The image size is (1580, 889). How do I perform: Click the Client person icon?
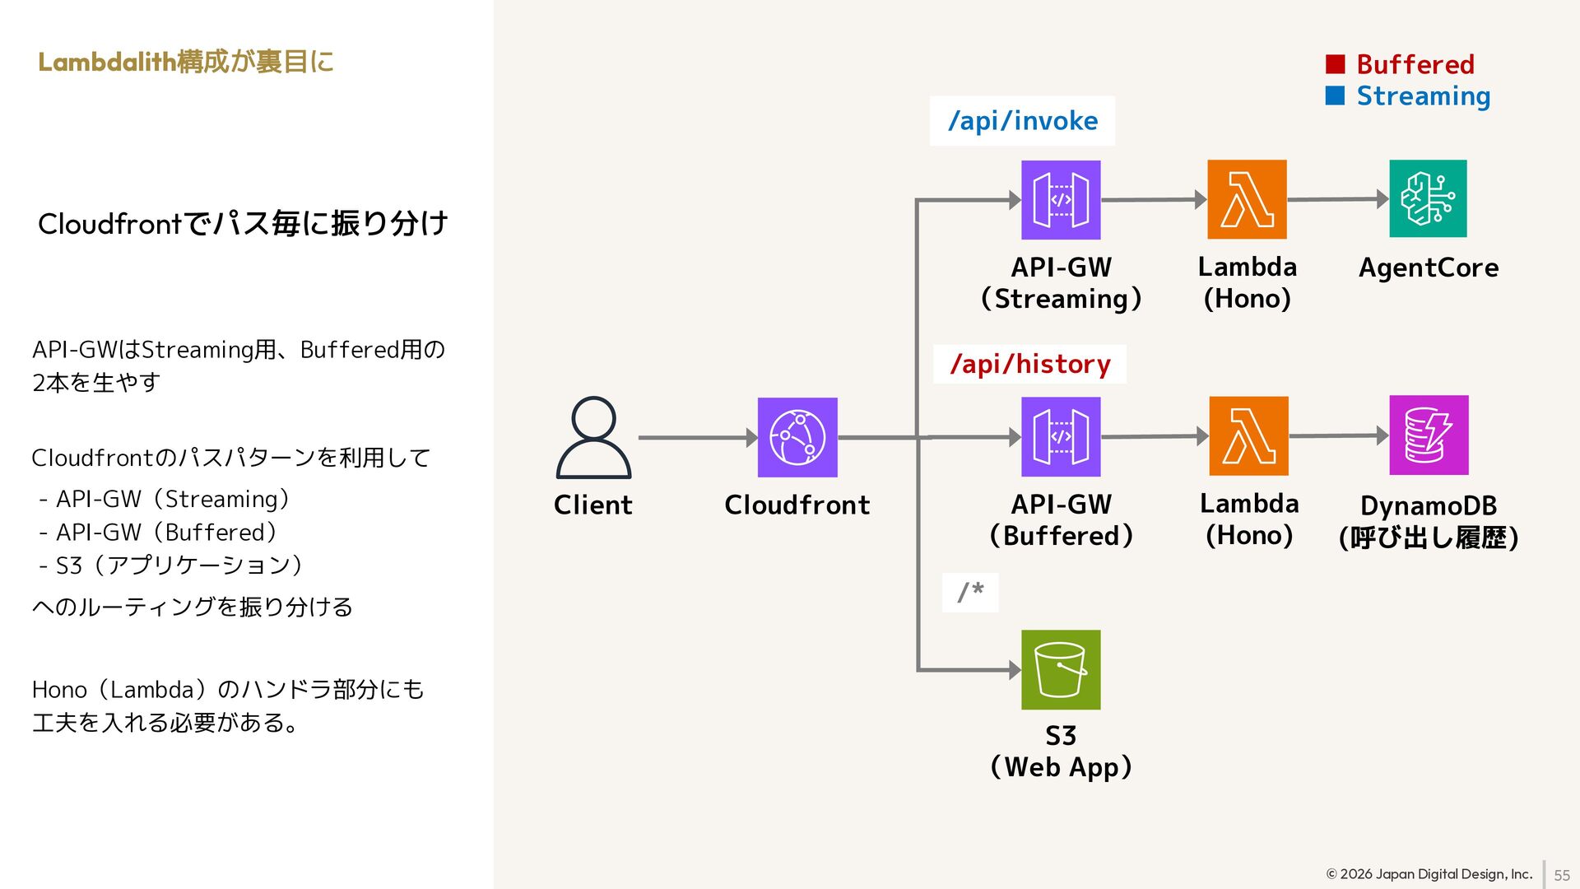click(593, 437)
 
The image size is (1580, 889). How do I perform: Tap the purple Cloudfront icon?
click(797, 437)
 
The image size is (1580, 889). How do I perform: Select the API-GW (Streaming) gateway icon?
click(1061, 200)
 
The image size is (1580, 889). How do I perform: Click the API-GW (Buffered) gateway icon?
click(1061, 436)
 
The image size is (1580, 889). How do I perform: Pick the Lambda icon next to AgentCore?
click(1247, 199)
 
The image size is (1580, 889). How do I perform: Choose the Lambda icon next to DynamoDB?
click(1248, 435)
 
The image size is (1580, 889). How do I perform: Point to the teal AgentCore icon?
click(1428, 198)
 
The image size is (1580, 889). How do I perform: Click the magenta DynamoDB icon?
click(1429, 435)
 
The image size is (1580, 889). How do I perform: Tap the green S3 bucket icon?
click(1061, 669)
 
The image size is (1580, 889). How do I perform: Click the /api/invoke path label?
click(1023, 121)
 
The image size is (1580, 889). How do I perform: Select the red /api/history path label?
click(1030, 364)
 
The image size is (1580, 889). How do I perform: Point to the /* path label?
click(970, 592)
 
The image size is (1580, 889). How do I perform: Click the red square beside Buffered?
click(1335, 64)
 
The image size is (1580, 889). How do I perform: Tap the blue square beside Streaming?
click(1335, 96)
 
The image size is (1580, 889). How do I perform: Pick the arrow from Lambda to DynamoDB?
click(1338, 435)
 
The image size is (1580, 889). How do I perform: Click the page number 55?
click(1561, 875)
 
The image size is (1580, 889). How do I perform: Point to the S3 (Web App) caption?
click(1061, 751)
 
